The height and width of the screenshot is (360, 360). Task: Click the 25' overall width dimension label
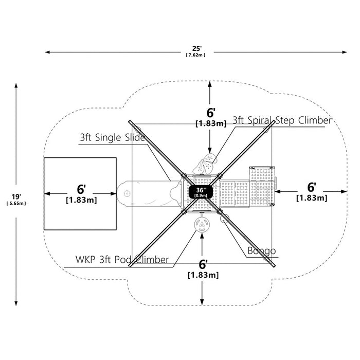pyautogui.click(x=197, y=48)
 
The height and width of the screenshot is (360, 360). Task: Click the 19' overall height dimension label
pyautogui.click(x=16, y=197)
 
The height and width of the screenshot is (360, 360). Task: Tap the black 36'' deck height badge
pyautogui.click(x=201, y=192)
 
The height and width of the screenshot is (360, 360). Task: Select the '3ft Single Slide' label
pyautogui.click(x=113, y=137)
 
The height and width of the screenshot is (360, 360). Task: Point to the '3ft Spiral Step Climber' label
pyautogui.click(x=282, y=120)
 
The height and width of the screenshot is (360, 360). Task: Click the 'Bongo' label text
pyautogui.click(x=262, y=251)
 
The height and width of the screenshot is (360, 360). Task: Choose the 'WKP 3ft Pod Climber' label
pyautogui.click(x=122, y=260)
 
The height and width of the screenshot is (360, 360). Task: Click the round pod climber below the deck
pyautogui.click(x=202, y=225)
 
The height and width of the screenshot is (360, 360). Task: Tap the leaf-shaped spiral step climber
pyautogui.click(x=204, y=164)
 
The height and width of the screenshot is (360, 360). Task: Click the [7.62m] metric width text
pyautogui.click(x=195, y=55)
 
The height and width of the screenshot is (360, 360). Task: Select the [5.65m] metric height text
pyautogui.click(x=16, y=204)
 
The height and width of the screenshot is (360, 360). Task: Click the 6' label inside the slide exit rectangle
pyautogui.click(x=81, y=189)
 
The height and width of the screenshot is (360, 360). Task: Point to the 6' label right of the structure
pyautogui.click(x=312, y=187)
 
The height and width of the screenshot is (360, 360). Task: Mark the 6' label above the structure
pyautogui.click(x=211, y=113)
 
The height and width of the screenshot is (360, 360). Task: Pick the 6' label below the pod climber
pyautogui.click(x=203, y=264)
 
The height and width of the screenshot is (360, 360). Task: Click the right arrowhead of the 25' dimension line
pyautogui.click(x=344, y=52)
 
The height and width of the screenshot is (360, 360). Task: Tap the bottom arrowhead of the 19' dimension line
pyautogui.click(x=16, y=303)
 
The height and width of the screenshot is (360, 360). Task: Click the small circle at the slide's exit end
pyautogui.click(x=127, y=193)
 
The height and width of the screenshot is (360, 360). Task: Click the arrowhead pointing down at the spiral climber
pyautogui.click(x=210, y=150)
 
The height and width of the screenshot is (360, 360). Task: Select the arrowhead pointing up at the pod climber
pyautogui.click(x=202, y=236)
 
